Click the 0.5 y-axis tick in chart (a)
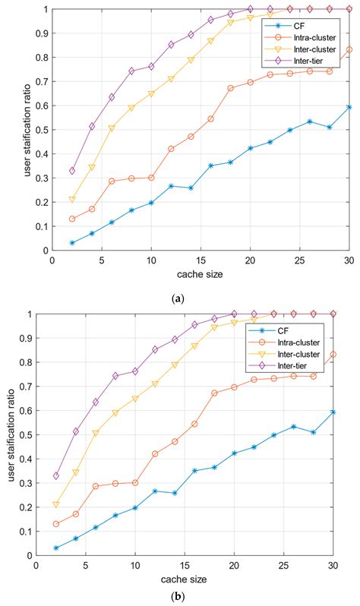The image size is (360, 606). (40, 130)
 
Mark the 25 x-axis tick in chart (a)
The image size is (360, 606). (300, 260)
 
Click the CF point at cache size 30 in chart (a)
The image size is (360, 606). (349, 107)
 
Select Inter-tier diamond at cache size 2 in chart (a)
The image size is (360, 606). (72, 171)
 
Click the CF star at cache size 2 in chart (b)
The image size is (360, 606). (55, 548)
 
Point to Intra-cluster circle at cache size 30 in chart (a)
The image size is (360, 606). (349, 50)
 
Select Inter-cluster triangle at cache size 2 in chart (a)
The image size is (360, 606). (72, 200)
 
